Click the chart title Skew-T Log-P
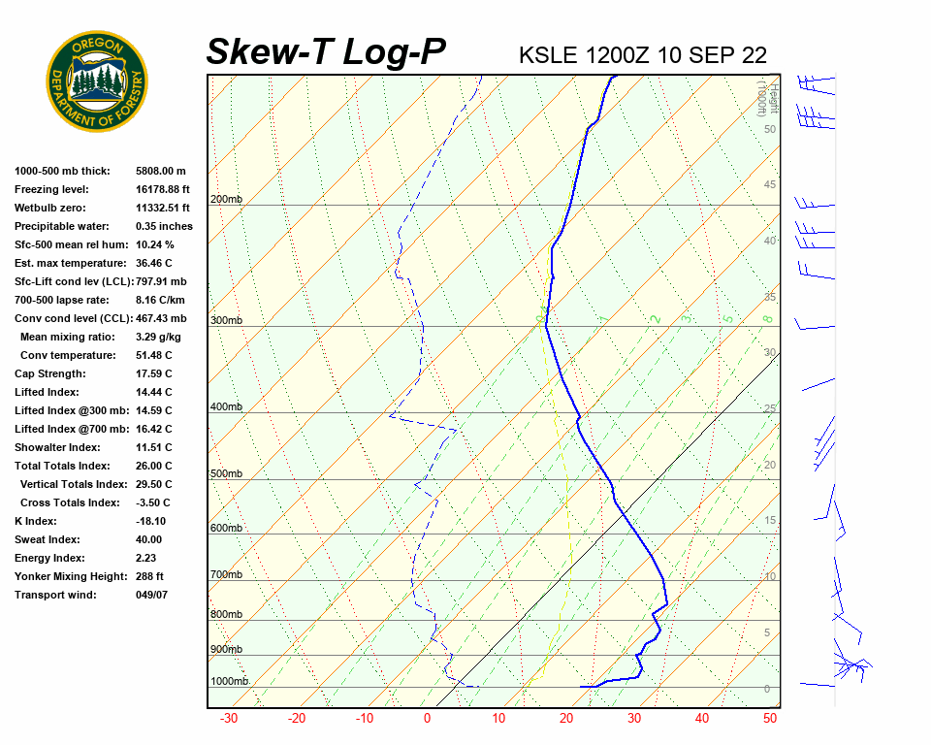(326, 52)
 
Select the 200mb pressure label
(226, 200)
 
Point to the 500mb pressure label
(226, 474)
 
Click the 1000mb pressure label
(229, 682)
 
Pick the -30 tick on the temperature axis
(229, 719)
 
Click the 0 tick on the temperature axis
(427, 719)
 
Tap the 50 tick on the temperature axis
(770, 719)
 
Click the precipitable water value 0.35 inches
(164, 226)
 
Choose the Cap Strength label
(50, 373)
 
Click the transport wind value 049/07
(152, 595)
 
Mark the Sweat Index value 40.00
(149, 539)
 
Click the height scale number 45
(770, 185)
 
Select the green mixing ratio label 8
(766, 318)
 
